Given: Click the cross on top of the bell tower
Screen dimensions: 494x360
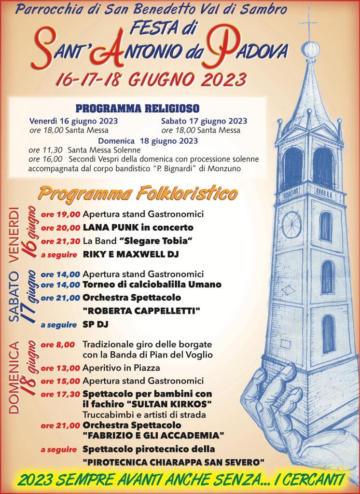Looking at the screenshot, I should tap(307, 25).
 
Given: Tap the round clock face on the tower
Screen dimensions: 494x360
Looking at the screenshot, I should tap(291, 224).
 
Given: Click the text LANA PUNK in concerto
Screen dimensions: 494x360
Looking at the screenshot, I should tap(138, 227).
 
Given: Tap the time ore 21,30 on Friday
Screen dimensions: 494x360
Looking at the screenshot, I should tap(61, 241).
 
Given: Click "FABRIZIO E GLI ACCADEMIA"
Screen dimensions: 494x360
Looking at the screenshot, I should tap(153, 436).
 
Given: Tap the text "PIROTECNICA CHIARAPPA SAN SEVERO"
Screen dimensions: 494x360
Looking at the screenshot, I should tap(173, 462).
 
